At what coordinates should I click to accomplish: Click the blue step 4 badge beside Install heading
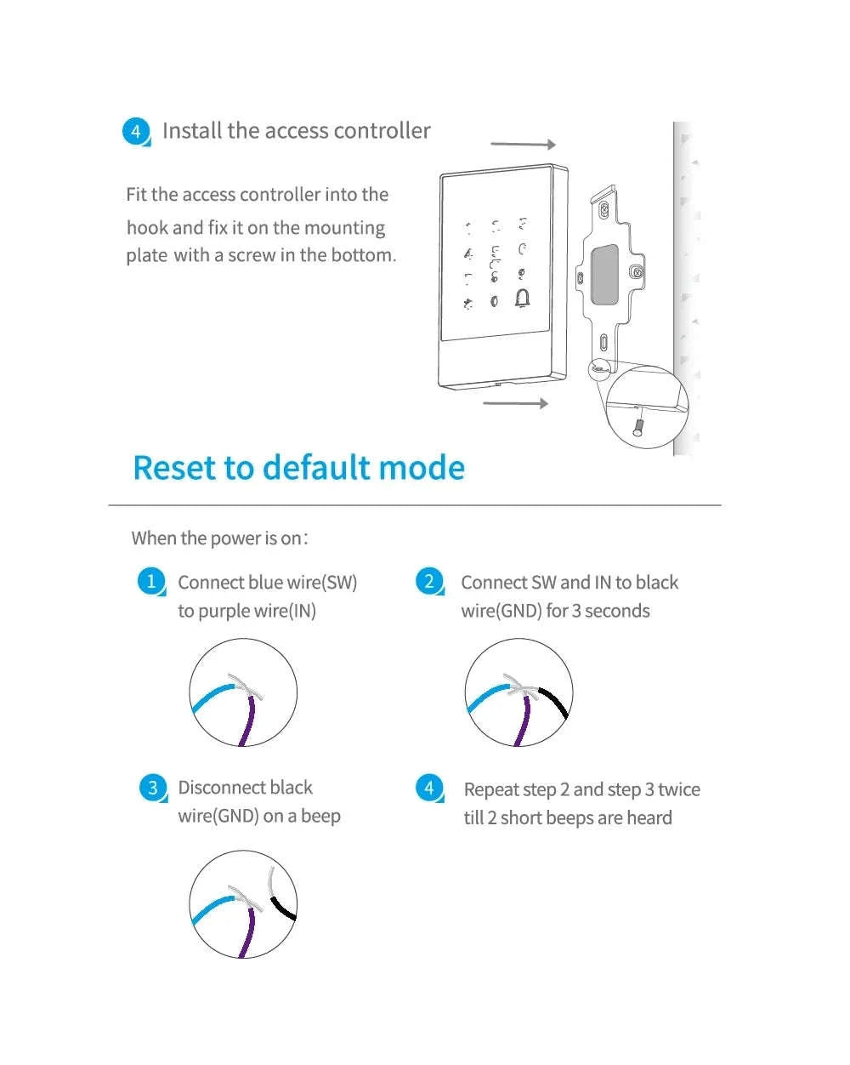click(x=136, y=132)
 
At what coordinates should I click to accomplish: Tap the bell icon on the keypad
click(x=522, y=299)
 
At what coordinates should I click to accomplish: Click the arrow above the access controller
click(x=523, y=145)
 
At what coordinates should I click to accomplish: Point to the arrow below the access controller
click(x=515, y=402)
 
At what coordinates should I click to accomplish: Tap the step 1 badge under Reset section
click(x=150, y=582)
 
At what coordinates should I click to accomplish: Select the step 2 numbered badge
click(x=429, y=582)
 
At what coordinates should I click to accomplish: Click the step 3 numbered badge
click(x=152, y=788)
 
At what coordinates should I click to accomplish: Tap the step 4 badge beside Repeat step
click(x=429, y=788)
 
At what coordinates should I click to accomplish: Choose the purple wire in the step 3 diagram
click(x=249, y=932)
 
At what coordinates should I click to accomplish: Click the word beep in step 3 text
click(x=320, y=817)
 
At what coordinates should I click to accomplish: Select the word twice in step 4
click(x=678, y=790)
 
